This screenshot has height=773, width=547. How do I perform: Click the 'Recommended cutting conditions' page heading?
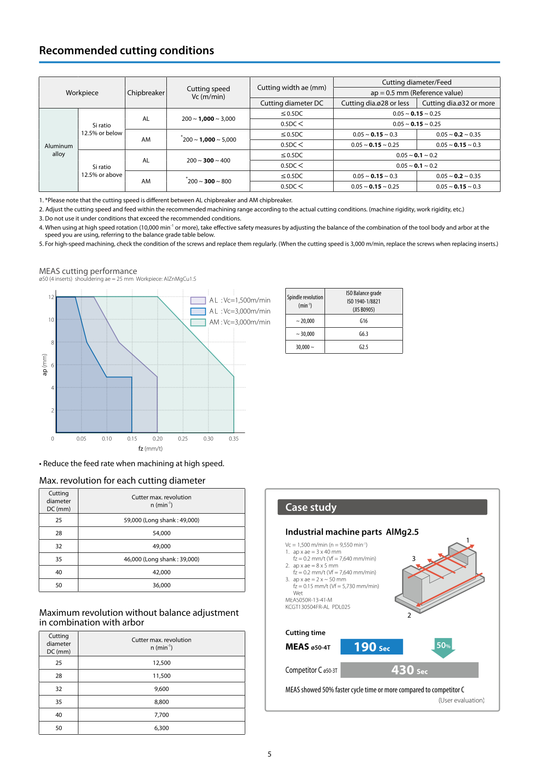[x=126, y=51]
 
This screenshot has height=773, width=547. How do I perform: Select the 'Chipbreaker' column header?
[x=146, y=93]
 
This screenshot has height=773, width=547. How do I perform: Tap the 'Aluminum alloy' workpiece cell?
[x=59, y=150]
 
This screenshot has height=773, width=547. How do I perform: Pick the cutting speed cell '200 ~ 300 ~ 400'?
[x=208, y=160]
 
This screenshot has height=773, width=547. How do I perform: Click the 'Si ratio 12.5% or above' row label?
[x=102, y=171]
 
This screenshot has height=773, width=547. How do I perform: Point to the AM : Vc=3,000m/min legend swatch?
[x=198, y=322]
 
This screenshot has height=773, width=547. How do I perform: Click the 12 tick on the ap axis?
[x=51, y=297]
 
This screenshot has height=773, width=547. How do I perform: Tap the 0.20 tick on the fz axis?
[x=157, y=439]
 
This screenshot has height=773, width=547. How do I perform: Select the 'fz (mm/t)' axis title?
[x=150, y=448]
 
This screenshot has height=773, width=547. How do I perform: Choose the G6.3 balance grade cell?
[x=363, y=334]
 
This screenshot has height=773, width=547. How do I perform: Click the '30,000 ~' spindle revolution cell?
[x=305, y=347]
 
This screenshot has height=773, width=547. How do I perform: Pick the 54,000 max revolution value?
[x=161, y=533]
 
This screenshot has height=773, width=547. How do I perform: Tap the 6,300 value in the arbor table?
[x=161, y=728]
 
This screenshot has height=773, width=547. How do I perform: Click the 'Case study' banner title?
[x=311, y=507]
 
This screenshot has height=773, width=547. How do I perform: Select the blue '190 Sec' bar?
[x=372, y=647]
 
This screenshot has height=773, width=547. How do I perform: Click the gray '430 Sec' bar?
[x=409, y=670]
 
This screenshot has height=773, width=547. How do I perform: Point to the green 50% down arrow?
[x=443, y=648]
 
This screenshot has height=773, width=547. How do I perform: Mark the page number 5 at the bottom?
[x=269, y=754]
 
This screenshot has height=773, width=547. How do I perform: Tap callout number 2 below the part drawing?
[x=409, y=615]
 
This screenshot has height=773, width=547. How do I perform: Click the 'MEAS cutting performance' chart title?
[x=88, y=271]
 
